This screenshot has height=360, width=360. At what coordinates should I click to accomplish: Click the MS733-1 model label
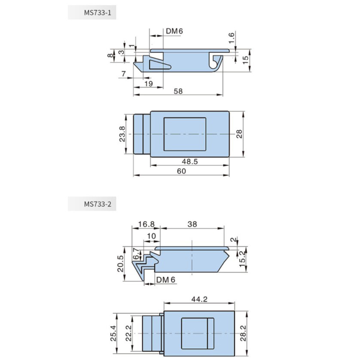coord(97,13)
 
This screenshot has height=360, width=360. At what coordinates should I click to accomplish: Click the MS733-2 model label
coord(98,204)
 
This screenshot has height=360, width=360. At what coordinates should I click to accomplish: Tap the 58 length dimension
coord(178,91)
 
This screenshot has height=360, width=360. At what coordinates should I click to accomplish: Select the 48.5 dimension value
coord(190,161)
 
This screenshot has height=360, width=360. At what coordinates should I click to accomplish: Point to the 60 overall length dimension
coord(181,171)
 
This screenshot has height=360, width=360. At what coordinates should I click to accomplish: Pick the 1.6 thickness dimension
coord(231,38)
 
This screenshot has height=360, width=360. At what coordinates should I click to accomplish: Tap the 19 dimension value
coord(148,84)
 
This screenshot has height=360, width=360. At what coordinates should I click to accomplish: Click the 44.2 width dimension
coord(199,299)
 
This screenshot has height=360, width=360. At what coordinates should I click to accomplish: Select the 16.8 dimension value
coord(146,224)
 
